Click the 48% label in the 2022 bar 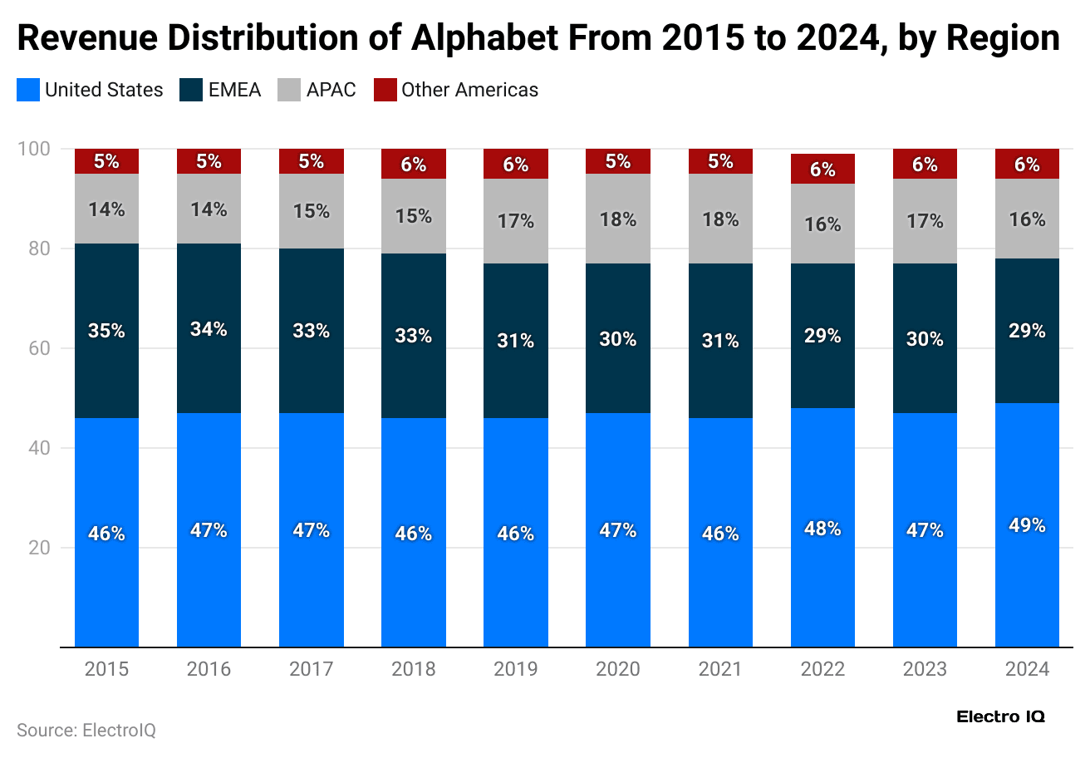point(822,529)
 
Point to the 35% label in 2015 point(106,331)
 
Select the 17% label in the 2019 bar point(515,221)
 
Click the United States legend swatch point(27,90)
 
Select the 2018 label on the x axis point(413,669)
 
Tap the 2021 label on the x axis point(720,669)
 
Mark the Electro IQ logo point(1000,716)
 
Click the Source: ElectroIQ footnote point(86,731)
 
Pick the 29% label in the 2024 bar point(1027,331)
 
